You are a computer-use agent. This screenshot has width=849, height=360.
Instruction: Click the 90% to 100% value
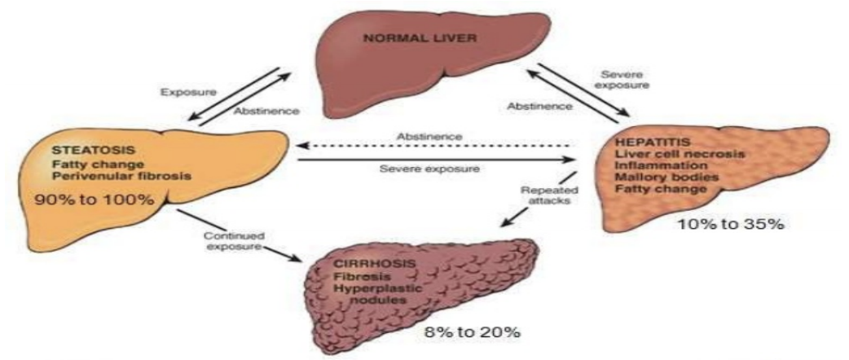[93, 200]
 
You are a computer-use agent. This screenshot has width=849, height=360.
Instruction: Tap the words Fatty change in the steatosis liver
[85, 163]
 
